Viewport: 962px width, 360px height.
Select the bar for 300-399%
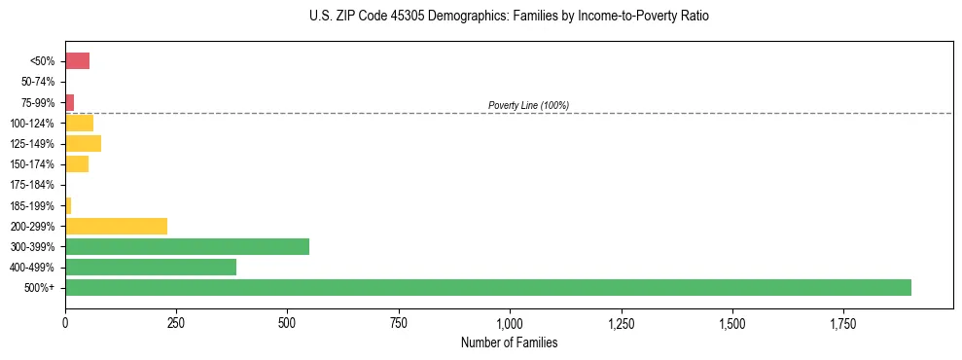[x=187, y=246]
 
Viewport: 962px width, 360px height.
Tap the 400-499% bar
[x=151, y=267]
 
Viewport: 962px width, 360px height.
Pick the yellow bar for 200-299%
[x=116, y=226]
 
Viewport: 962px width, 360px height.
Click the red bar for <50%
[x=77, y=61]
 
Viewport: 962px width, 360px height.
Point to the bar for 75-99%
[x=69, y=102]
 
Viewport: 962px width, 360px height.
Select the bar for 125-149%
[x=83, y=144]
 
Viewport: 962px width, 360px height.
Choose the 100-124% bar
[x=79, y=123]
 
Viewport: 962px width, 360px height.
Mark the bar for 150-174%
[x=77, y=164]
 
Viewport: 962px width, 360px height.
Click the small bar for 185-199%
[x=68, y=205]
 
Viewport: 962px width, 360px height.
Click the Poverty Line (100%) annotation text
[x=528, y=105]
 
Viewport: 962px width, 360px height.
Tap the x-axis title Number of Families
[x=509, y=342]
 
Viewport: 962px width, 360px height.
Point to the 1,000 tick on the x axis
[x=510, y=323]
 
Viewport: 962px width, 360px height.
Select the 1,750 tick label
[x=731, y=323]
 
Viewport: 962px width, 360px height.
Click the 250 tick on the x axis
[x=176, y=323]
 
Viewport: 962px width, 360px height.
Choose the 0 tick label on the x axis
[x=65, y=323]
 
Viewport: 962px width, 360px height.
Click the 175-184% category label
[x=34, y=185]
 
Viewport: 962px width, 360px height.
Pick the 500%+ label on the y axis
[x=41, y=288]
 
